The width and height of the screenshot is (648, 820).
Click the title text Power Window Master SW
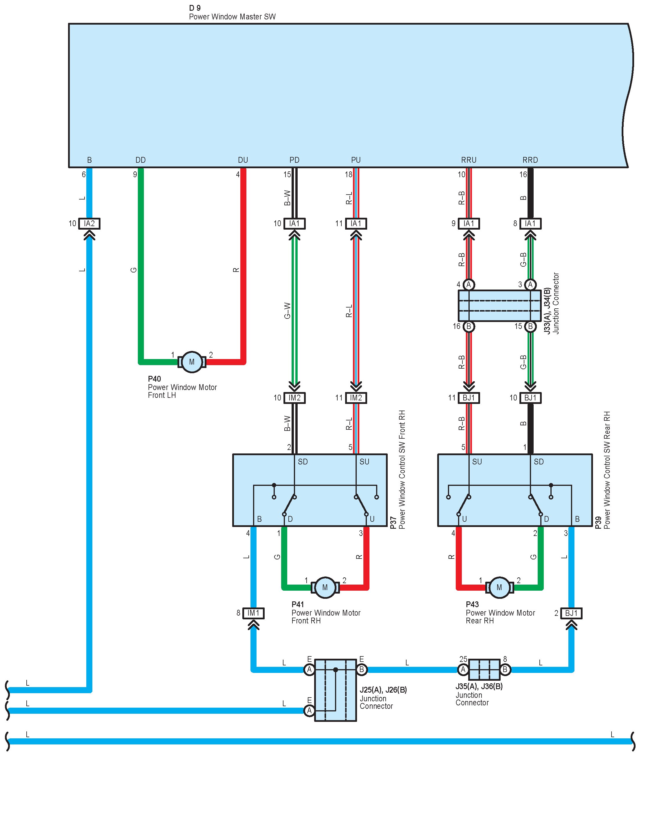(232, 17)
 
